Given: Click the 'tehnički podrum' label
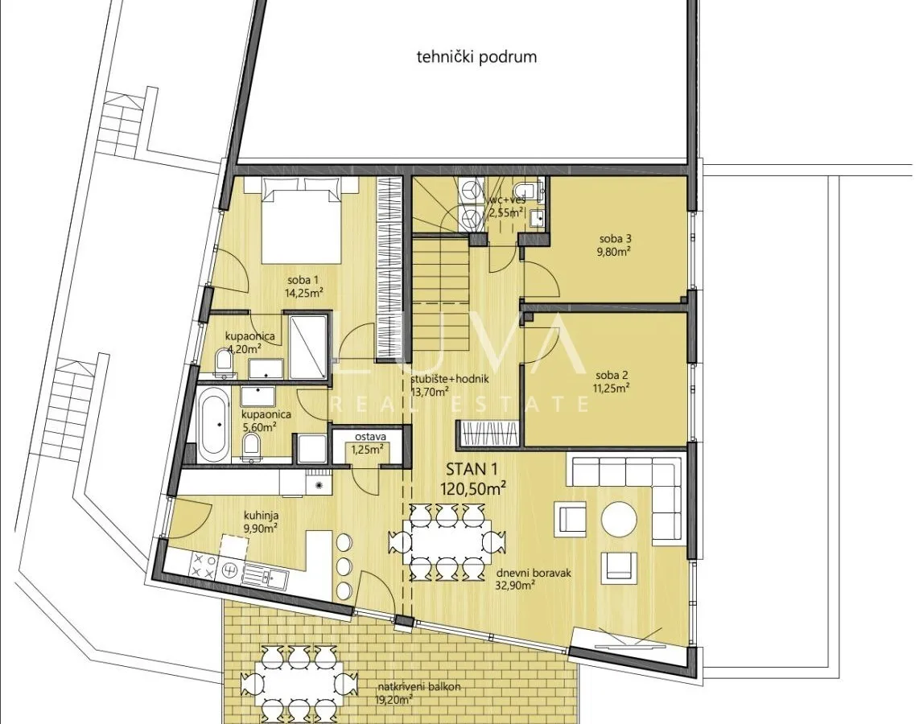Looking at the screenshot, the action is click(x=476, y=57).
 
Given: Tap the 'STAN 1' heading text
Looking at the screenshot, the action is click(x=466, y=469).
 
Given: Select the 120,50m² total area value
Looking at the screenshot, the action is click(x=473, y=488).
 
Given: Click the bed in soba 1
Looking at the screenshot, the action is click(x=301, y=220).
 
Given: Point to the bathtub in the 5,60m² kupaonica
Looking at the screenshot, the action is click(x=212, y=426).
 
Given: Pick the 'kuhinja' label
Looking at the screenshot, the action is click(x=262, y=516).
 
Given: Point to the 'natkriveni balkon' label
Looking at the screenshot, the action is click(x=419, y=686).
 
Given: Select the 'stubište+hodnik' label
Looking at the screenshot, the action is click(x=450, y=380).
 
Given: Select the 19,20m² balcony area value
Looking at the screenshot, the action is click(x=395, y=699).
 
